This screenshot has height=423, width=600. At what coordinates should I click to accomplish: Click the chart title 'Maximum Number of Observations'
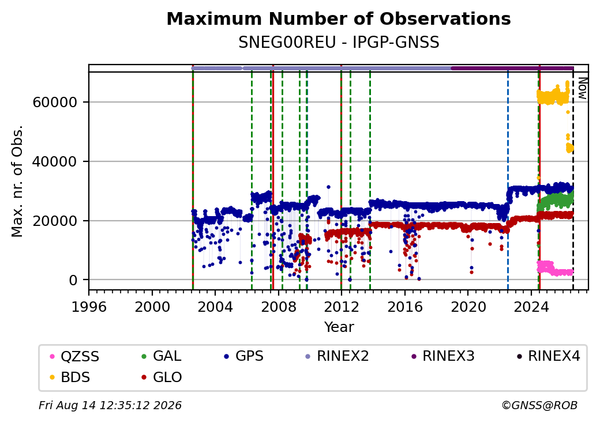[x=339, y=18]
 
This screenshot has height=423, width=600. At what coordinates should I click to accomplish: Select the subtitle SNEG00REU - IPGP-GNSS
[x=339, y=43]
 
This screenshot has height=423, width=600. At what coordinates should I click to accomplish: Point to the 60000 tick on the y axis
[x=55, y=102]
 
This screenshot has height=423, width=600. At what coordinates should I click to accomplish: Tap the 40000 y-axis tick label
[x=55, y=161]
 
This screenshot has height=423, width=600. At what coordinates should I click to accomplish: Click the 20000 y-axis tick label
[x=55, y=221]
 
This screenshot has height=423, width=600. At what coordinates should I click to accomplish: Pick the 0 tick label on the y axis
[x=73, y=280]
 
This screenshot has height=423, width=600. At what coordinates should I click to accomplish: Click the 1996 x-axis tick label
[x=89, y=307]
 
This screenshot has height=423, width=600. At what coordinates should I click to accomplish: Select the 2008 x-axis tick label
[x=279, y=307]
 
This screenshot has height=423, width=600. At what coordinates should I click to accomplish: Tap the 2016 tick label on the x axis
[x=405, y=307]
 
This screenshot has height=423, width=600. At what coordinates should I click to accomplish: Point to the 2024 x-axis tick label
[x=531, y=307]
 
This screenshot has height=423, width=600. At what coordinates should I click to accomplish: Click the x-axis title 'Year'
[x=339, y=327]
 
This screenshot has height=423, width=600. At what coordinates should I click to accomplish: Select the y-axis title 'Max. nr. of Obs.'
[x=17, y=181]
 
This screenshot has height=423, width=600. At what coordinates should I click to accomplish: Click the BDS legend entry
[x=70, y=377]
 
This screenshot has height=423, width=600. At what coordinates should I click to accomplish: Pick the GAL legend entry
[x=161, y=356]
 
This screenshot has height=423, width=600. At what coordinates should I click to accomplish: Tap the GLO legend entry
[x=162, y=377]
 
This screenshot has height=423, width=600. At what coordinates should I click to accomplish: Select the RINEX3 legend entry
[x=442, y=356]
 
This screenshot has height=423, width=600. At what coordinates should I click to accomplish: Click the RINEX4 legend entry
[x=549, y=356]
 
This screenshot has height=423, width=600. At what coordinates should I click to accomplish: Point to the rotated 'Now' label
[x=582, y=88]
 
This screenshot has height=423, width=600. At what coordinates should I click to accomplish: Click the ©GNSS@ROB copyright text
[x=539, y=405]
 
